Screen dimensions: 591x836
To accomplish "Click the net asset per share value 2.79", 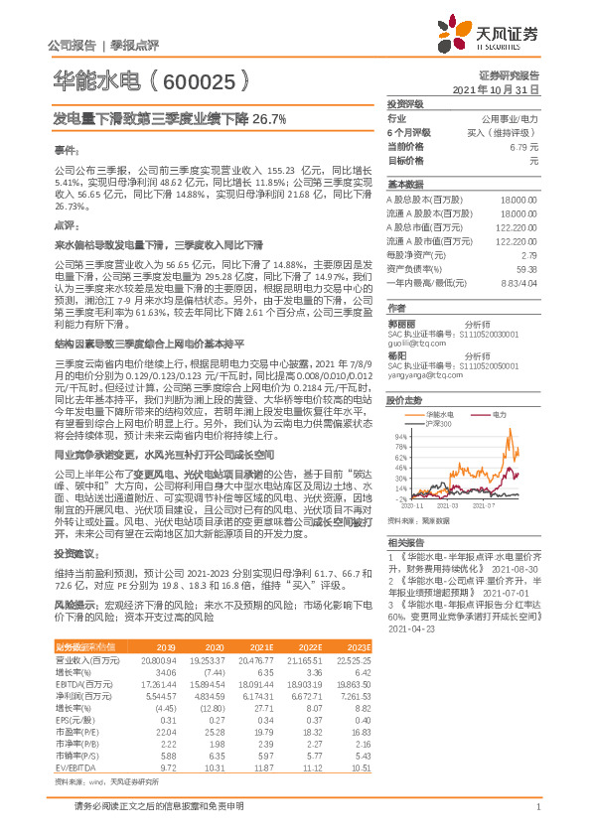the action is tap(528, 255).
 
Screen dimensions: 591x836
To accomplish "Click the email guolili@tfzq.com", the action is tap(414, 343).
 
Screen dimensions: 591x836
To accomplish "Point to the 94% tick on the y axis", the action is tap(398, 436).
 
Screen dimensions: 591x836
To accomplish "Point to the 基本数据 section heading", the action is tap(405, 185).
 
